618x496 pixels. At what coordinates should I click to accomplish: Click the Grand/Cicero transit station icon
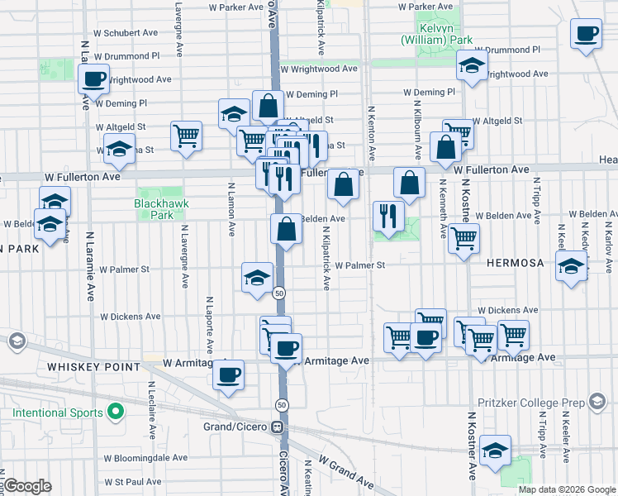click(x=278, y=427)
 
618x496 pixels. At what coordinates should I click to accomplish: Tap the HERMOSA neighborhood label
click(x=515, y=263)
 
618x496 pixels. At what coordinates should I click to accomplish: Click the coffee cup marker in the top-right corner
click(x=587, y=35)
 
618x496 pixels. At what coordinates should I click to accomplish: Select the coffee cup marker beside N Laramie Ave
click(x=93, y=80)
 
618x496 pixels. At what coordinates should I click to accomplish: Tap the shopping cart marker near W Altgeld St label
click(x=186, y=136)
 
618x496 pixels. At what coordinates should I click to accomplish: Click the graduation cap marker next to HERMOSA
click(x=571, y=266)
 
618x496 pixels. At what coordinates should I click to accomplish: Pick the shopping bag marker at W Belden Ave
click(x=286, y=229)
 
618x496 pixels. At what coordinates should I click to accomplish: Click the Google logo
click(x=27, y=486)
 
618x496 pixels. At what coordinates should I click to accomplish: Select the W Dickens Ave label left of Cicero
click(x=131, y=316)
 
